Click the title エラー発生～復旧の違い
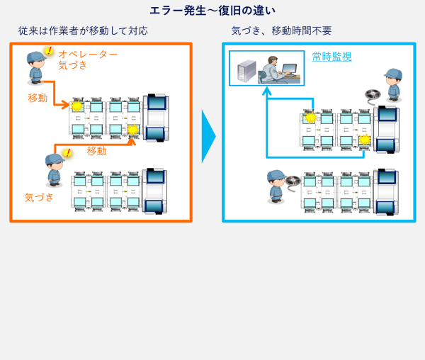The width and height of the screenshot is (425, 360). coord(212,11)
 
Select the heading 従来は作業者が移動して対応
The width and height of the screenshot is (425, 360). coord(84,31)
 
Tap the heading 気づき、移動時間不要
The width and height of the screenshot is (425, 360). coord(281,31)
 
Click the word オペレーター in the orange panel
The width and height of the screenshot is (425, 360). coord(88,54)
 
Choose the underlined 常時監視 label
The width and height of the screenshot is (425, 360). coord(331,57)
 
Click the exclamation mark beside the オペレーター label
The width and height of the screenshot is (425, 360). coord(48,51)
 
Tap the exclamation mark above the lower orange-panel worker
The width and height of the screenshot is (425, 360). coord(67,152)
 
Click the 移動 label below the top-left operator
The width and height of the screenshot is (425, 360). coord(38,98)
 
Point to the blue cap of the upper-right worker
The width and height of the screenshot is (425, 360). coord(393,73)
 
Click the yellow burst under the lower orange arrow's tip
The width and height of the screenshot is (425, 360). coord(132,129)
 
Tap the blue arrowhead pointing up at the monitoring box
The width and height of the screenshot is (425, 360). coord(266,92)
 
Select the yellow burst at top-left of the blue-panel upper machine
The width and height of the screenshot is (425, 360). coord(309,117)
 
